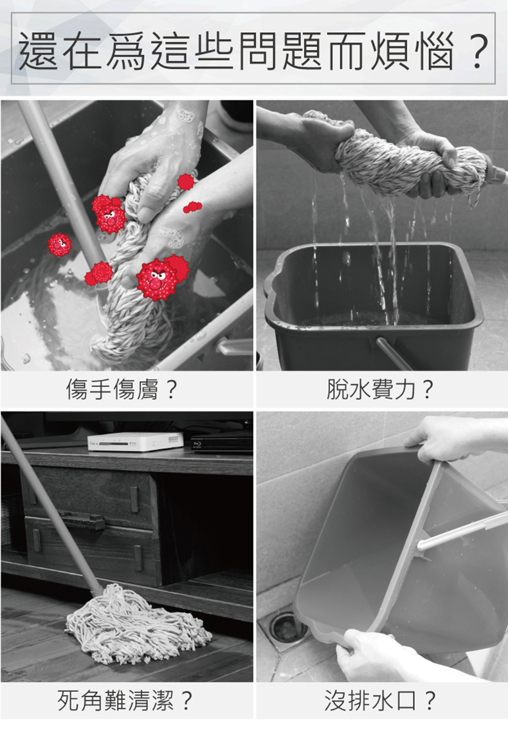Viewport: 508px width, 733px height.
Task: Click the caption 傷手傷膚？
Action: pyautogui.click(x=122, y=390)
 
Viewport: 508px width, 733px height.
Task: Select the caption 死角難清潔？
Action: pyautogui.click(x=125, y=700)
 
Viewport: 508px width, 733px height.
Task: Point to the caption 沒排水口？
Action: pyautogui.click(x=380, y=700)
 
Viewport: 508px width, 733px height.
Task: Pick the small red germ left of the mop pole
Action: pyautogui.click(x=59, y=244)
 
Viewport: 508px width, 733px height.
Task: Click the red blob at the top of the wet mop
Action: pyautogui.click(x=186, y=181)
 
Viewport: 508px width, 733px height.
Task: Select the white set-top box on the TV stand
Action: pyautogui.click(x=136, y=441)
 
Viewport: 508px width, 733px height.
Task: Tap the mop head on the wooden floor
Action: pyautogui.click(x=136, y=625)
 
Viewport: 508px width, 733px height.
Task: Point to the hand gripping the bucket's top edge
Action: pyautogui.click(x=442, y=438)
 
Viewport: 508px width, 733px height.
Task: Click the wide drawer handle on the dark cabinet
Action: pyautogui.click(x=84, y=520)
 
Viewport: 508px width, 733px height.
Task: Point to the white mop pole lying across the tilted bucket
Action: pyautogui.click(x=463, y=530)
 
